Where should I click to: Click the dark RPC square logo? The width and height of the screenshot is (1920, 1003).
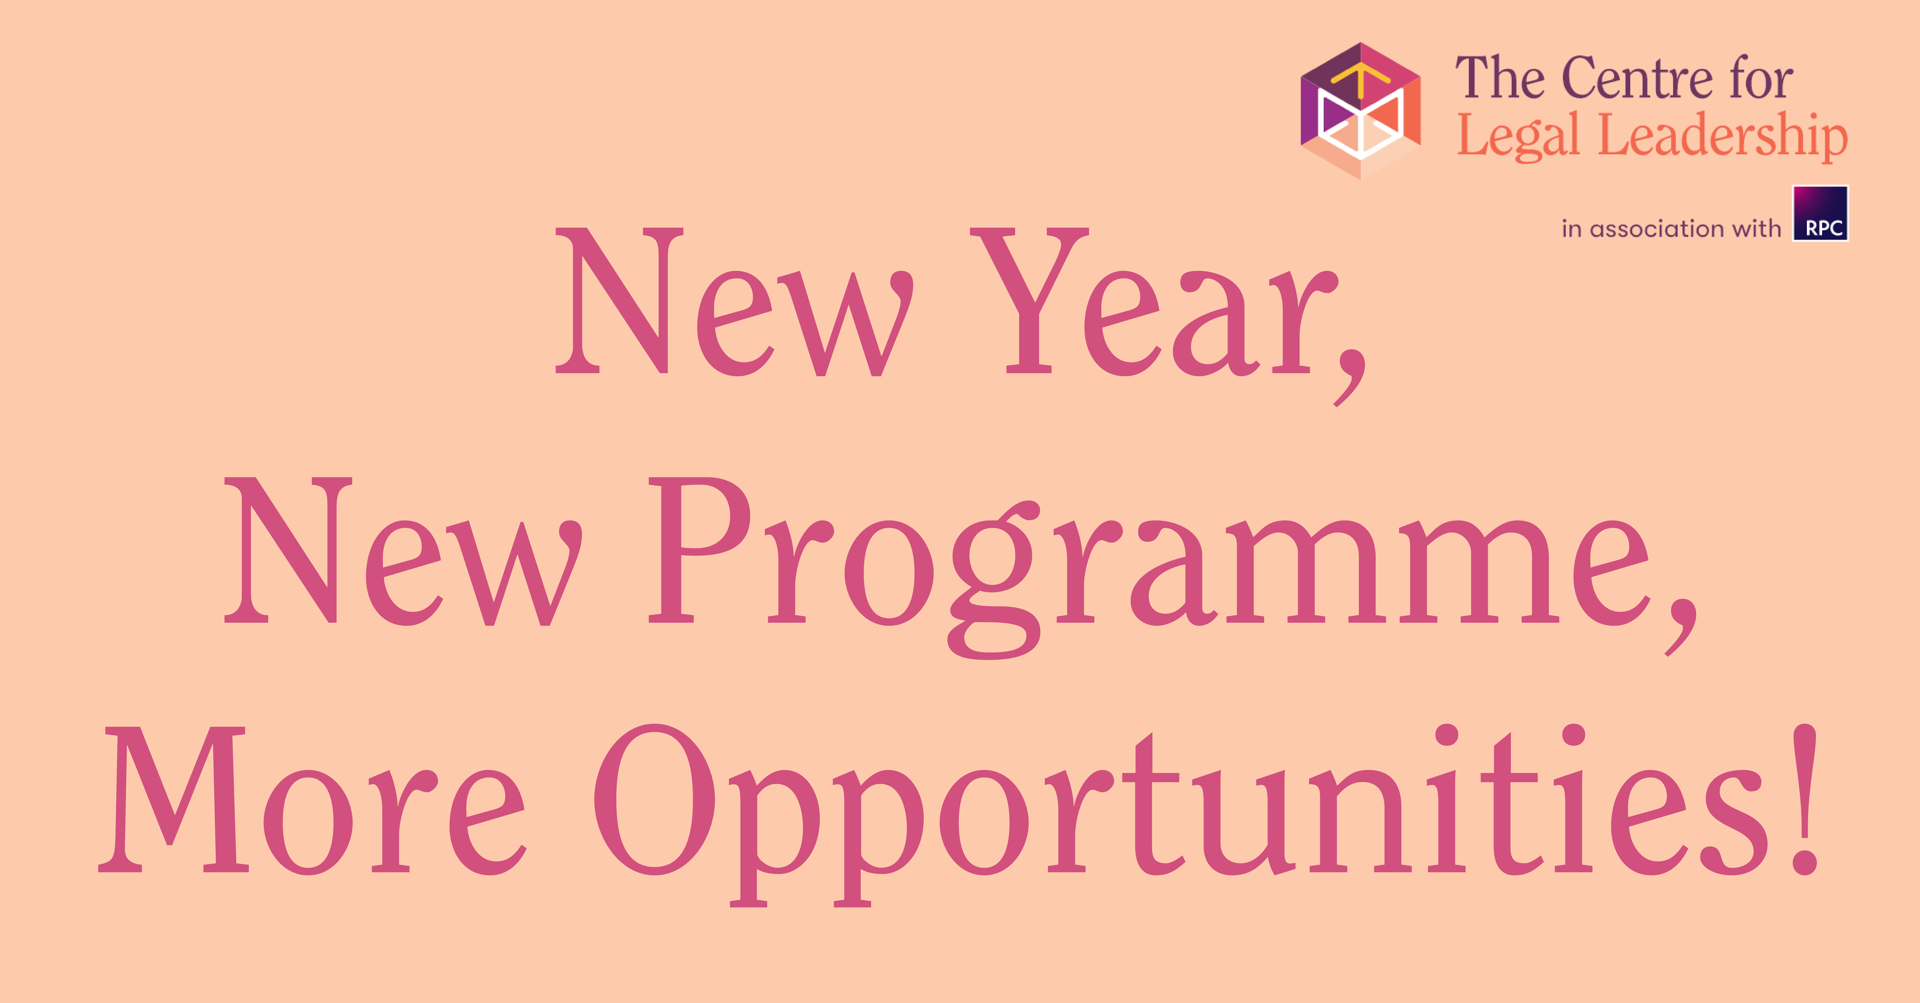(1820, 213)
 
